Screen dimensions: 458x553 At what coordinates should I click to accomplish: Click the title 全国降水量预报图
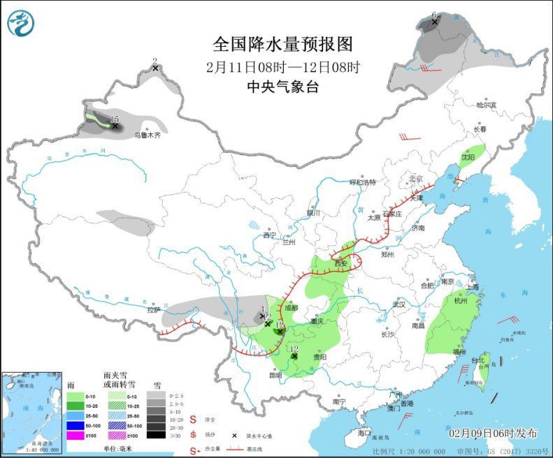coord(282,44)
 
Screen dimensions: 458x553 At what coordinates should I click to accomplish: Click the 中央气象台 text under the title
coord(282,87)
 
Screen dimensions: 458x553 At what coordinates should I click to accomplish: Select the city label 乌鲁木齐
coord(148,135)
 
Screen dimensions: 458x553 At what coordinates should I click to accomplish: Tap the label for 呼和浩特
coord(363,182)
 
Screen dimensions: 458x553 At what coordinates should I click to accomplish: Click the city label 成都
coord(291,307)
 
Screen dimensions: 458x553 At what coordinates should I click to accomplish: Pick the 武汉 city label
coord(399,304)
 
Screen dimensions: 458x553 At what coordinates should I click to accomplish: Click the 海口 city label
coord(364,433)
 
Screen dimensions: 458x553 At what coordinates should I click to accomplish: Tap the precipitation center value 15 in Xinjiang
coord(115,119)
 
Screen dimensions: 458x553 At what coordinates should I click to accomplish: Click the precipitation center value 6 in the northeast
coord(433,15)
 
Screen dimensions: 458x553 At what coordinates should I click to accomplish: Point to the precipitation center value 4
coord(261,309)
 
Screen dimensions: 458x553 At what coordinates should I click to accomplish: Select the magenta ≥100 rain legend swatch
coord(76,435)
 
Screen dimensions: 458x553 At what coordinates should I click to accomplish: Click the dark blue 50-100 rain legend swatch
coord(76,425)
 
